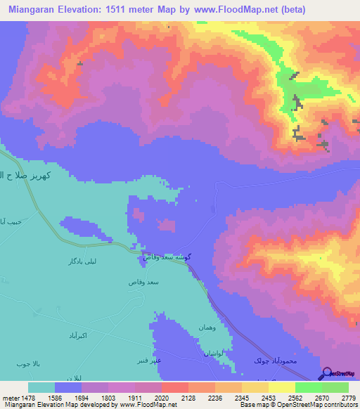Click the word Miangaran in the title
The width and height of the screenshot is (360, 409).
(36, 10)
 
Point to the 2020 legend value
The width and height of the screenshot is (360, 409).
(161, 397)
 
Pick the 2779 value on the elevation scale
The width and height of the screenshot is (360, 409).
(349, 397)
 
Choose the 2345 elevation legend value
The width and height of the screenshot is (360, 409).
(242, 397)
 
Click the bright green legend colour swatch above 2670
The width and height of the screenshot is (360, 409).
(308, 387)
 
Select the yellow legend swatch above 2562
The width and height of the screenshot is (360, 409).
(281, 387)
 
